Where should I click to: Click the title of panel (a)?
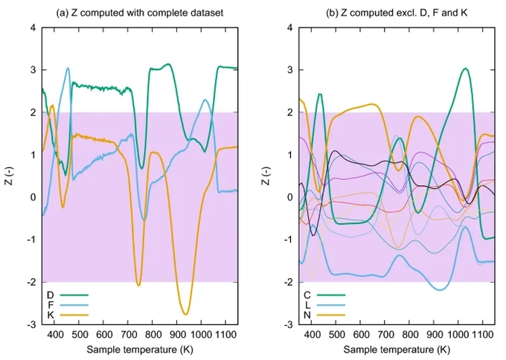coord(140,13)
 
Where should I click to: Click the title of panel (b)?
coord(397,13)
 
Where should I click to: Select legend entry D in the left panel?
coord(68,295)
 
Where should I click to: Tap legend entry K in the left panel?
coord(68,315)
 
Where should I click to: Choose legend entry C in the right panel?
coord(324,295)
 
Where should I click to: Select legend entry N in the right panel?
coord(324,315)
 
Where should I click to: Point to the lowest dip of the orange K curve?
coord(185,315)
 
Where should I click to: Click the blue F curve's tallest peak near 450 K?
coord(68,68)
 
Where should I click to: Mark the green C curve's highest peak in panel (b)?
coord(465,68)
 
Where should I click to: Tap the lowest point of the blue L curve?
coord(441,289)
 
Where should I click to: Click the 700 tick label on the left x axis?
coord(128,335)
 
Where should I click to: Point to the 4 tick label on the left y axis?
coord(33,28)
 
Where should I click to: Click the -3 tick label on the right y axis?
coord(288,324)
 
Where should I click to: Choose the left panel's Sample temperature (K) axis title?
coord(140,350)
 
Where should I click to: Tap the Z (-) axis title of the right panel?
coord(266,176)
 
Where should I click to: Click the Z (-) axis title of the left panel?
coord(9,176)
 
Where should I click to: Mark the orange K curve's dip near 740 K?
coord(138,285)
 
